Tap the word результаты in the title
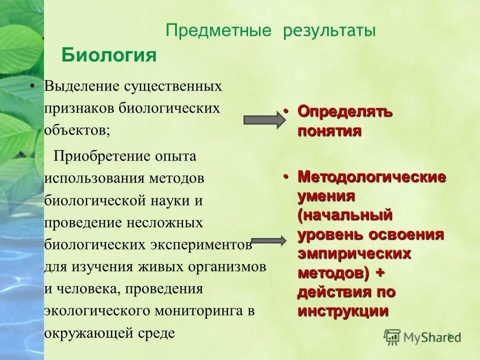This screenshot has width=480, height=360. pos(329,31)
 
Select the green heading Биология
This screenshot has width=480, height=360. pos(109,55)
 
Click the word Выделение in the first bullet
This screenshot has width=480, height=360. pos(79,86)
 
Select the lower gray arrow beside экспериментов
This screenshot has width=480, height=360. pos(268,240)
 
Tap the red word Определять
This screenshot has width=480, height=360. pos(345,111)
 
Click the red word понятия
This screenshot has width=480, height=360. pos(329,131)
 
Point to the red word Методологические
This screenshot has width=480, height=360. pos(372,176)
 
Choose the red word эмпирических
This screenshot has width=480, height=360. pos(354,253)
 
